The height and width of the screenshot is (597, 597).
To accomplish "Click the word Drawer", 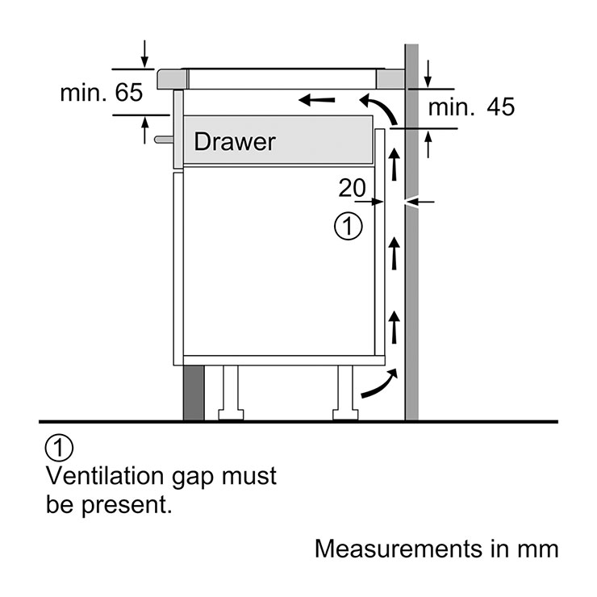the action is tap(235, 142).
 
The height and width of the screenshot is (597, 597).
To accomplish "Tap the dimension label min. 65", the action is tap(102, 93).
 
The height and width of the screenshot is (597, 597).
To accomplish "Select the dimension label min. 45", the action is tap(471, 106).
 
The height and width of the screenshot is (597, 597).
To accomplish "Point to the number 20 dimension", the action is tap(352, 188).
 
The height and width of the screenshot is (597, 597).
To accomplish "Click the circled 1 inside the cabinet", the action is tap(349, 227).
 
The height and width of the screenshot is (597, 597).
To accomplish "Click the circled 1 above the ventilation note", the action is tap(59, 448).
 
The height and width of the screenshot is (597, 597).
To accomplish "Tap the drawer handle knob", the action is tap(164, 140).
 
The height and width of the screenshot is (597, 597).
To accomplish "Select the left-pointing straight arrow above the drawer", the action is tap(317, 100).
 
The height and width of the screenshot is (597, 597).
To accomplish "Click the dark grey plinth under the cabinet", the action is tap(194, 393).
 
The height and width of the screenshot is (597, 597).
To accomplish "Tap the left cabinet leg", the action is tap(231, 393).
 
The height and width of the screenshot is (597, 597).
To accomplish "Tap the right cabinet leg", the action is tap(345, 393).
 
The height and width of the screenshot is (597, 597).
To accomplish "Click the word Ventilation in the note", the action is tap(105, 476).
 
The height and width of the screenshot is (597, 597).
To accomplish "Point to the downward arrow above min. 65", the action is tap(144, 54).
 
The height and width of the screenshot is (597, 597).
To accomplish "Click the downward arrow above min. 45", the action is tap(428, 74).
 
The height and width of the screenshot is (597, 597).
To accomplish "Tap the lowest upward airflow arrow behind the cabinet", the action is tap(395, 328).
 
